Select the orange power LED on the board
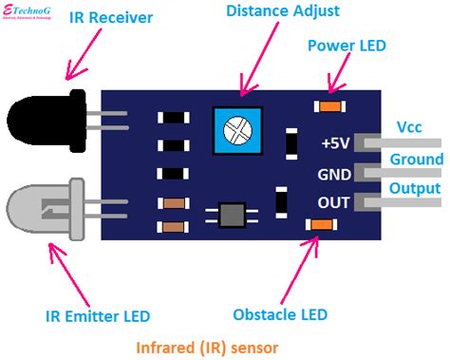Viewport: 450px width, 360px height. [331, 104]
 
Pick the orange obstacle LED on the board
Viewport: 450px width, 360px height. [320, 224]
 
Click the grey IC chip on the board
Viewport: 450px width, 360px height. [232, 215]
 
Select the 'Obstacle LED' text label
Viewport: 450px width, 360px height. [280, 314]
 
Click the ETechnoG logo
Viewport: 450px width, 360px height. [34, 10]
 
